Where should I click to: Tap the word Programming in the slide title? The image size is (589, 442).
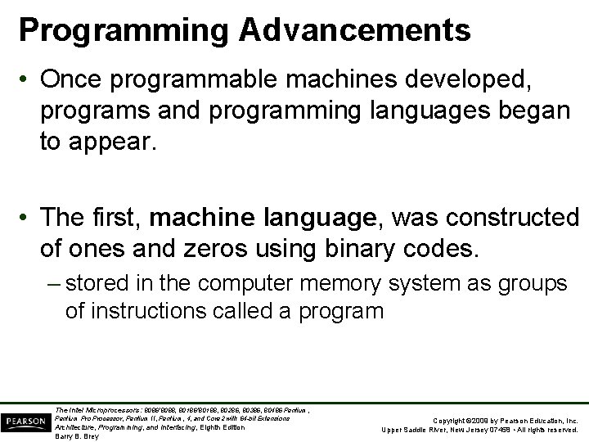[123, 31]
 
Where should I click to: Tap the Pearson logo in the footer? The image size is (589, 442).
[25, 422]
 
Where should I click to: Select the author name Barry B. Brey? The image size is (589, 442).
[76, 436]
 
